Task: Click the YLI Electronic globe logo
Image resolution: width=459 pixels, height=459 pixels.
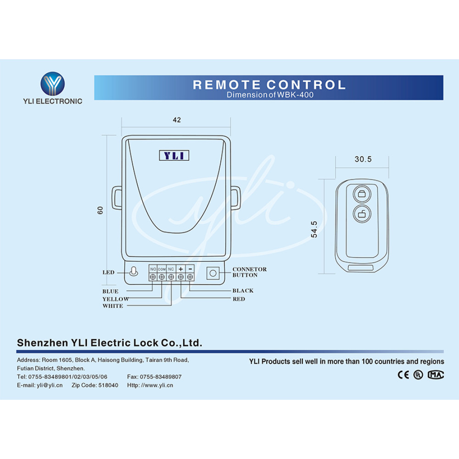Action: pos(53,84)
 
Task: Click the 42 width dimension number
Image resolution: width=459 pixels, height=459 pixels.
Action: pos(177,120)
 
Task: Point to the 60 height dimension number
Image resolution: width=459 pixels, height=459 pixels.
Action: pos(100,210)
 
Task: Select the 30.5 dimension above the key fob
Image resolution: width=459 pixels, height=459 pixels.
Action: pos(363,159)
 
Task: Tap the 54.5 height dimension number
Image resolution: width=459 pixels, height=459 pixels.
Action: pos(314,229)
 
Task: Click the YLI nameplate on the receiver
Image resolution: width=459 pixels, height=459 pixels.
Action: pos(174,156)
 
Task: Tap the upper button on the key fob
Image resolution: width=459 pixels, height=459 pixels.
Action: pos(362,194)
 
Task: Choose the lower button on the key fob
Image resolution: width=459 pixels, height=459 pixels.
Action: pos(362,214)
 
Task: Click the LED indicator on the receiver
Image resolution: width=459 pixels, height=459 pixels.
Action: pos(134,272)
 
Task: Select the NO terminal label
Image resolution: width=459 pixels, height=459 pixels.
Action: pos(153,269)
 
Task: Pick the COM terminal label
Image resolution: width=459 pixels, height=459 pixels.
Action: pos(162,269)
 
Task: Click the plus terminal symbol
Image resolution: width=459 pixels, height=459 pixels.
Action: pos(180,269)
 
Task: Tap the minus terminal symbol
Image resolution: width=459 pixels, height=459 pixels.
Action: pos(190,269)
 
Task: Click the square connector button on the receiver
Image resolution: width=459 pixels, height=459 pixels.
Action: pos(213,273)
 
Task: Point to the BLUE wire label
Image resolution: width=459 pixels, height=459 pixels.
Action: pos(110,291)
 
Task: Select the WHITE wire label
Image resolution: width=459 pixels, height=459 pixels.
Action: pos(113,306)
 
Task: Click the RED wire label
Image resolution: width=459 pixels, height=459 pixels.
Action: pos(239,299)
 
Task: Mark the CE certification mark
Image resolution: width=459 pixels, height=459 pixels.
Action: pos(403,375)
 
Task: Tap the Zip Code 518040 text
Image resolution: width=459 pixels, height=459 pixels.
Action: pos(95,385)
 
